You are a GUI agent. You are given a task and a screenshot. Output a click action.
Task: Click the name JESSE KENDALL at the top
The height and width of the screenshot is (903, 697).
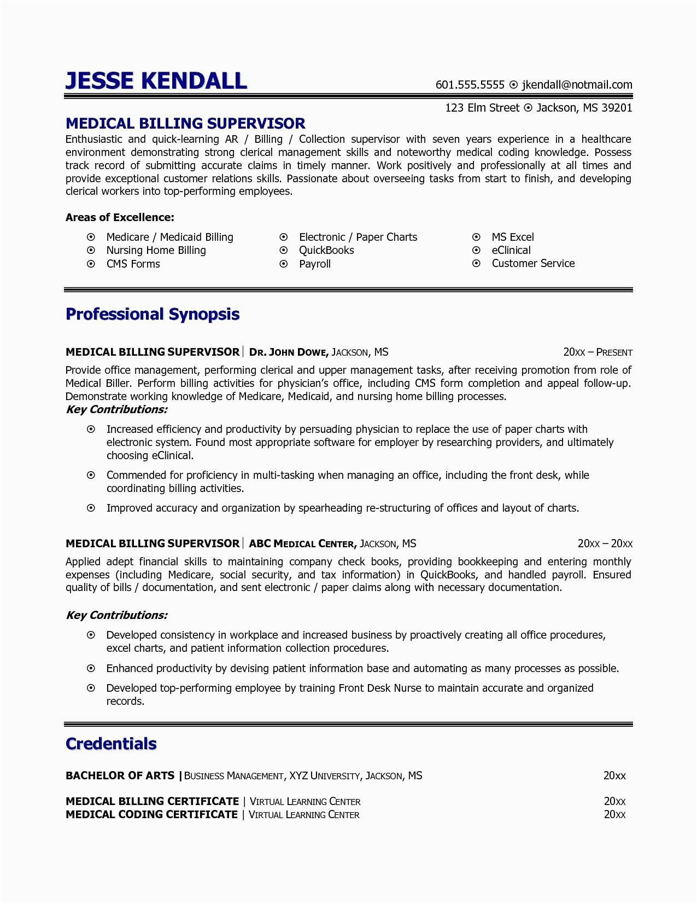tap(156, 80)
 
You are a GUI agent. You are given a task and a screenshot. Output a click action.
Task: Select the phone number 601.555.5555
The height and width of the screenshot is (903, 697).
tap(470, 85)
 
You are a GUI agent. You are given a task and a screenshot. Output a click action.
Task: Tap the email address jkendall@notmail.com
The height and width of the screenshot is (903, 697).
tap(577, 85)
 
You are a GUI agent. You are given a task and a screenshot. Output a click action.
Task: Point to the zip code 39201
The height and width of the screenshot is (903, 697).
tap(617, 108)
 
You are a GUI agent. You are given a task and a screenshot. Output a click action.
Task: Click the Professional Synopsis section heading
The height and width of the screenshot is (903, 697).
tap(153, 314)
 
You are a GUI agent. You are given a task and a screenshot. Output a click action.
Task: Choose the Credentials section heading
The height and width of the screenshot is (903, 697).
tap(111, 744)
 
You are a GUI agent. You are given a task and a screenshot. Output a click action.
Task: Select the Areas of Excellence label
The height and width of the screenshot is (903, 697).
tap(120, 217)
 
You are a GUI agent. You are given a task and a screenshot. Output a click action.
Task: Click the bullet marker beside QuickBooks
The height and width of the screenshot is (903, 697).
tap(283, 250)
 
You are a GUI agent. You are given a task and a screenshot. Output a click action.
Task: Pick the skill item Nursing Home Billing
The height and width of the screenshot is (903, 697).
tap(156, 250)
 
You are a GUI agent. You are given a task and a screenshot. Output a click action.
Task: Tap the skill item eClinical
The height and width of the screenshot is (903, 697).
tap(511, 250)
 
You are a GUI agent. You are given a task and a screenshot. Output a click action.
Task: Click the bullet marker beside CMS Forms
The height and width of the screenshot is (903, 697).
tap(91, 264)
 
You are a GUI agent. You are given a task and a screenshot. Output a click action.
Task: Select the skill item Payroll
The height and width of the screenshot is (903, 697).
tap(314, 264)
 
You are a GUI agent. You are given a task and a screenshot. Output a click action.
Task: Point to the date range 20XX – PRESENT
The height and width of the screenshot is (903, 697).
tap(598, 352)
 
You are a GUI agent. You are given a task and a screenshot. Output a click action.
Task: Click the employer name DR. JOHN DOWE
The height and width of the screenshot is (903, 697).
tap(288, 352)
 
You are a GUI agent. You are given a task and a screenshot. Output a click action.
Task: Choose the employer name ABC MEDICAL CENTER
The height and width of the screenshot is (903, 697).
tap(303, 544)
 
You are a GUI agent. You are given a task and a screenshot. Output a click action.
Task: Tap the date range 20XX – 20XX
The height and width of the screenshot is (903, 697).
tap(605, 544)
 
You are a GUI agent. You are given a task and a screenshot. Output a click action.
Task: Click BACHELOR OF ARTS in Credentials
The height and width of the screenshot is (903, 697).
tap(120, 775)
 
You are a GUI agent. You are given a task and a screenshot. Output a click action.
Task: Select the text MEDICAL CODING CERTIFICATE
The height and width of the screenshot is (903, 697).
tap(151, 814)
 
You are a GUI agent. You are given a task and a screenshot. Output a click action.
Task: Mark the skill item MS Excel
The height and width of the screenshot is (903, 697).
tap(512, 237)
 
